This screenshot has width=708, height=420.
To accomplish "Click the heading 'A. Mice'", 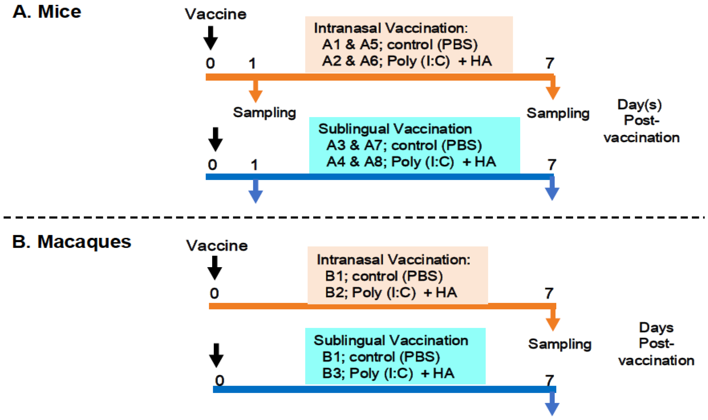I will point(47,12).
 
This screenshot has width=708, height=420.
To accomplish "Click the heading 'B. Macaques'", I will point(71,242).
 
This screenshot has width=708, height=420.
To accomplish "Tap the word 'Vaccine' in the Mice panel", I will point(215,14).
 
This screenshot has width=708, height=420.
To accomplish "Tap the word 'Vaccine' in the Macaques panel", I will point(217,246).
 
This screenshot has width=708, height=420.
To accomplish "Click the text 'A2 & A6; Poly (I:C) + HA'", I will point(407,61).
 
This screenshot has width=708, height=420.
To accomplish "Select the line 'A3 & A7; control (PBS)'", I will point(404,145).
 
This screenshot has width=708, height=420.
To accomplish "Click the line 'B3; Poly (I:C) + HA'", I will point(388,373).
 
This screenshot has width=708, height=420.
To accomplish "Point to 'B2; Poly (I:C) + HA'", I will point(391,292).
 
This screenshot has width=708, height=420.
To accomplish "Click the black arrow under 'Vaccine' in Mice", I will point(210,38).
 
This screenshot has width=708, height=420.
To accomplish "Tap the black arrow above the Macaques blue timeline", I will point(216,356).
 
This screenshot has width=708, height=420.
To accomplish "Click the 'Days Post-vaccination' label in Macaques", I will point(656,344).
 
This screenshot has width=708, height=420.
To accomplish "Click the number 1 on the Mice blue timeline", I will point(254,165).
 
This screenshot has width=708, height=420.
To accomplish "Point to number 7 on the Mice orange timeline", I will point(550,63).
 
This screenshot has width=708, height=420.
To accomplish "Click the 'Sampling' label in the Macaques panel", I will point(559,344).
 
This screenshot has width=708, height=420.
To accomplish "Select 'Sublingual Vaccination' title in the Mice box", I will point(395,129).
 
